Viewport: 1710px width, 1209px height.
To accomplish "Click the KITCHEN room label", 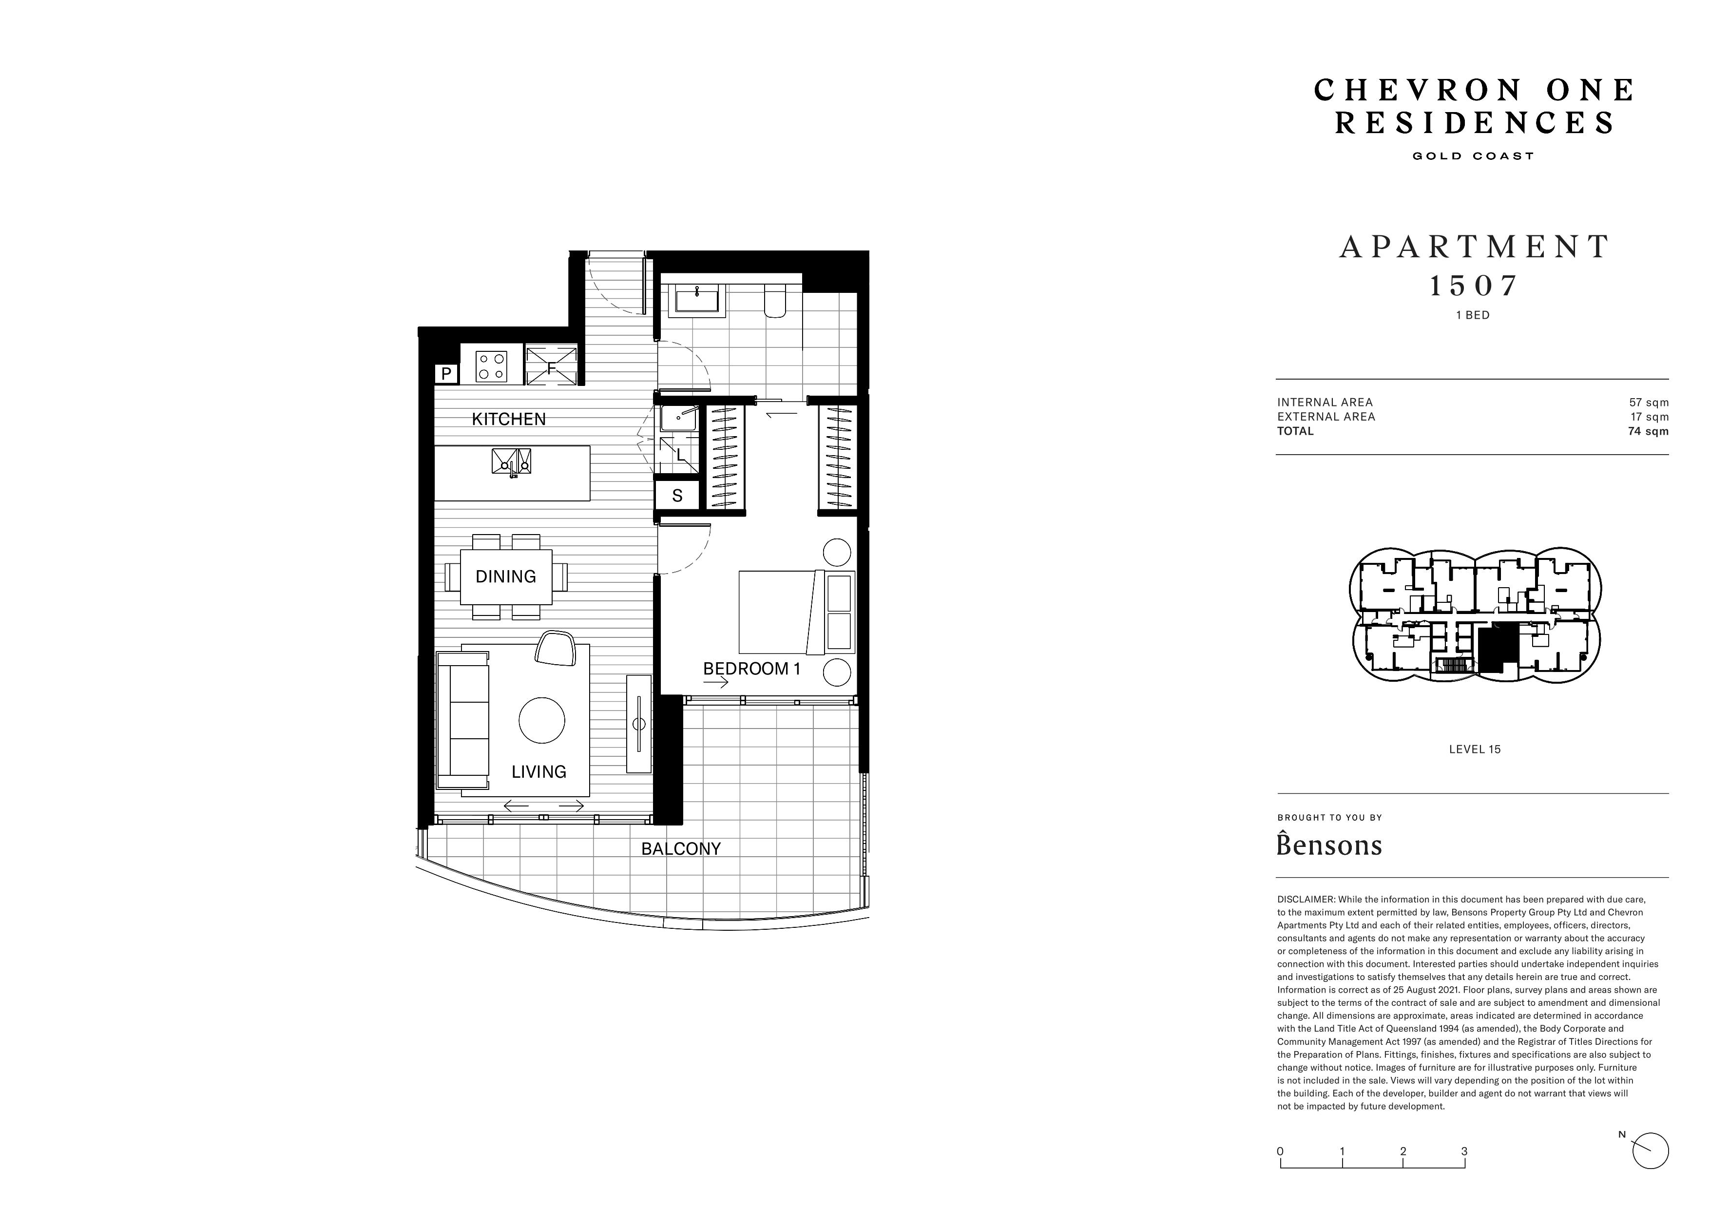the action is coord(509,420).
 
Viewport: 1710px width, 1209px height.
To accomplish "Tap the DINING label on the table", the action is coord(506,576).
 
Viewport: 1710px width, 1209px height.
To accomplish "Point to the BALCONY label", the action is coord(681,848).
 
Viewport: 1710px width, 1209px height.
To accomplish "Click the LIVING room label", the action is coord(538,772).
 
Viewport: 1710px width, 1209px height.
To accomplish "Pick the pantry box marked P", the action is coord(445,373).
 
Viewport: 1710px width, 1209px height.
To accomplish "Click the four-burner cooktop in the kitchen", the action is coord(492,366).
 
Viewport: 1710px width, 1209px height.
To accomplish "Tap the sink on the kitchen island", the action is coord(511,461).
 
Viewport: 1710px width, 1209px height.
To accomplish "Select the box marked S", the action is coord(677,496).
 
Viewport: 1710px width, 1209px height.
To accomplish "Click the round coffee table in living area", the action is coord(541,720).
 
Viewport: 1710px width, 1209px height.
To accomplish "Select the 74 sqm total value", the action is coord(1648,431).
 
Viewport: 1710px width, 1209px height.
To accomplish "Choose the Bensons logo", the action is coord(1329,844).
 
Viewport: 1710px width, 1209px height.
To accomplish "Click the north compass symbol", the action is coord(1650,1171).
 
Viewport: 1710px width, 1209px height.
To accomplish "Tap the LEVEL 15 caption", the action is coord(1475,749).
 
